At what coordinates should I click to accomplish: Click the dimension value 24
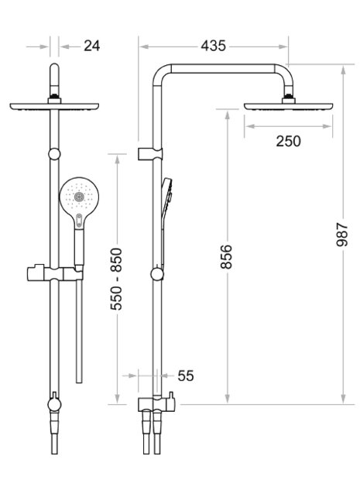(x=92, y=46)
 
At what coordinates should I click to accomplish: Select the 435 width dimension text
(x=214, y=46)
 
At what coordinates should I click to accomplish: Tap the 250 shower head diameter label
(x=288, y=141)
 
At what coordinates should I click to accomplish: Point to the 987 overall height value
(x=342, y=235)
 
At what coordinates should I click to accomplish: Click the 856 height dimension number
(x=227, y=256)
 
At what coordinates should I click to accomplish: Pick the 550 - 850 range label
(x=116, y=279)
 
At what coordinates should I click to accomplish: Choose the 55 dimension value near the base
(x=186, y=375)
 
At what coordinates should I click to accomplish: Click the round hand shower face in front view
(x=79, y=196)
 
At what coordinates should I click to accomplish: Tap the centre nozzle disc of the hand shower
(x=79, y=197)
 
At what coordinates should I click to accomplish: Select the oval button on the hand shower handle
(x=79, y=220)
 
